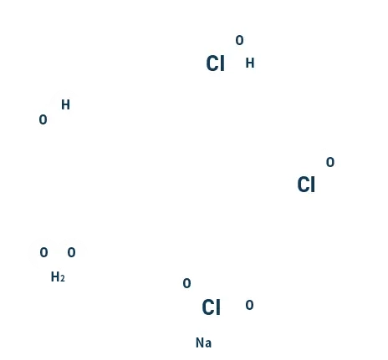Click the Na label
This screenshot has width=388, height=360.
click(203, 342)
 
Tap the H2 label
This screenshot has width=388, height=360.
click(58, 277)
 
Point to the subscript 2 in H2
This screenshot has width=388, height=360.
click(63, 278)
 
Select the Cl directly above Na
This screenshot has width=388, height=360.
click(211, 307)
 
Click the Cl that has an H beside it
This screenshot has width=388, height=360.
click(215, 63)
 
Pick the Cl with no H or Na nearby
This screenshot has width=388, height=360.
click(306, 185)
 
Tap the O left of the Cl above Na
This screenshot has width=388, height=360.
click(186, 283)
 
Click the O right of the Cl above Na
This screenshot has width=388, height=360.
click(249, 305)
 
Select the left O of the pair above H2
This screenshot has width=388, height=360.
click(43, 252)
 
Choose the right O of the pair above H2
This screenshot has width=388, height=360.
click(71, 252)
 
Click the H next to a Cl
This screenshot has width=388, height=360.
click(250, 63)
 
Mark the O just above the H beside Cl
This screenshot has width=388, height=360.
click(239, 40)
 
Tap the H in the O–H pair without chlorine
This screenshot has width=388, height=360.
click(65, 104)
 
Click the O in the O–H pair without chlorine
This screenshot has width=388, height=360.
click(43, 119)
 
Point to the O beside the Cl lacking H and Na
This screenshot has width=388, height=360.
click(330, 162)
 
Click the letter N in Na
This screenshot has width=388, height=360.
click(200, 342)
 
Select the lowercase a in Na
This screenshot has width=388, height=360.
click(208, 344)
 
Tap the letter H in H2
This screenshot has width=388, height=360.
click(55, 277)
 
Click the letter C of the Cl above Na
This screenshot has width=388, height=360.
click(208, 307)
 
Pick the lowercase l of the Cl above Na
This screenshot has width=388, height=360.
click(218, 307)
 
